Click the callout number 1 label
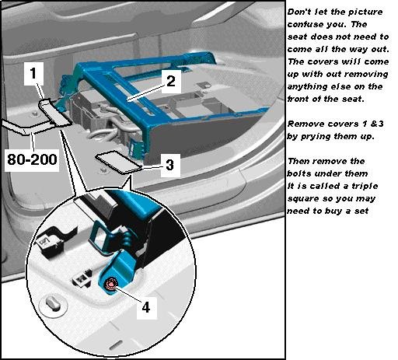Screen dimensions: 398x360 (33, 73)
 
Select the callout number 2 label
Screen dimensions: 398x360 (171, 81)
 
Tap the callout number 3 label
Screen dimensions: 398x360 (169, 165)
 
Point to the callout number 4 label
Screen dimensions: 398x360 (146, 308)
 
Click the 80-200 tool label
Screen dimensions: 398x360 (32, 159)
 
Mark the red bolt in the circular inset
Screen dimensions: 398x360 (111, 284)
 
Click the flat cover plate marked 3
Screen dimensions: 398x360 (117, 162)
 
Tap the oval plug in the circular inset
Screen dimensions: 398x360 (53, 302)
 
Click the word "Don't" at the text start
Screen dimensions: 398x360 (298, 12)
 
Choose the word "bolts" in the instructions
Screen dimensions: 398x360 (299, 173)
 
